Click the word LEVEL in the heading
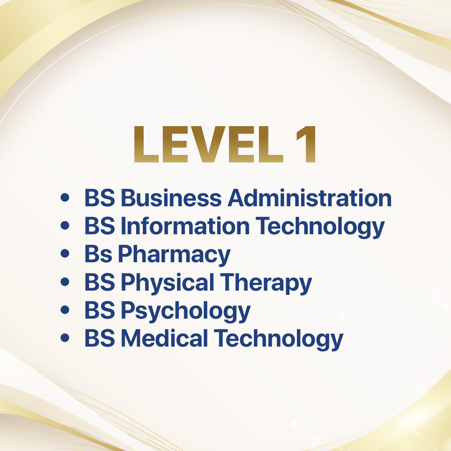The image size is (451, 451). pos(209,144)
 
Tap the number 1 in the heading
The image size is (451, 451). pos(307,144)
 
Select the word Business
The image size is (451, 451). pos(172,198)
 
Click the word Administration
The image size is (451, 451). pos(310,198)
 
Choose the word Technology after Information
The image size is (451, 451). pos(320,227)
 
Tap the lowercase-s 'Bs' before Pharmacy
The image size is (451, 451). pos(98,254)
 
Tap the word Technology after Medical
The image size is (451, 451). pos(279,340)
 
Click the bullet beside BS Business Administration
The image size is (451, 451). pos(65,198)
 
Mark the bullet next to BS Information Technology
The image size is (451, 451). pos(65,225)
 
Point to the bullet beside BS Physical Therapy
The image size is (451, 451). pos(65,282)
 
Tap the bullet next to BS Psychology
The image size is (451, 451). pos(65,310)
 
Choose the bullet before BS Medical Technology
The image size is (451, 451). pos(65,338)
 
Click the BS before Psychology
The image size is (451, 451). pos(100,310)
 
